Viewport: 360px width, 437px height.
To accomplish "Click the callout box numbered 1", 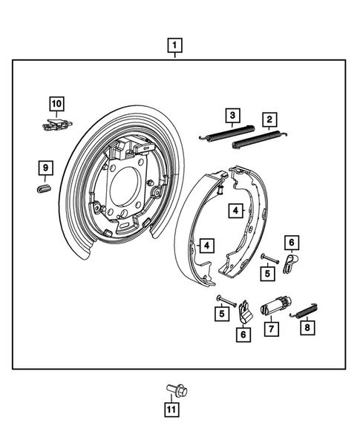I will [175, 47].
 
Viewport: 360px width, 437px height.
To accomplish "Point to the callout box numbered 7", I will [271, 328].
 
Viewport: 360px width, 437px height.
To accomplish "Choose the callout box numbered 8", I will [305, 327].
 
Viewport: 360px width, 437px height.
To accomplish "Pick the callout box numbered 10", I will [57, 103].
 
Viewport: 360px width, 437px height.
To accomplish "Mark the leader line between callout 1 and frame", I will [175, 58].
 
